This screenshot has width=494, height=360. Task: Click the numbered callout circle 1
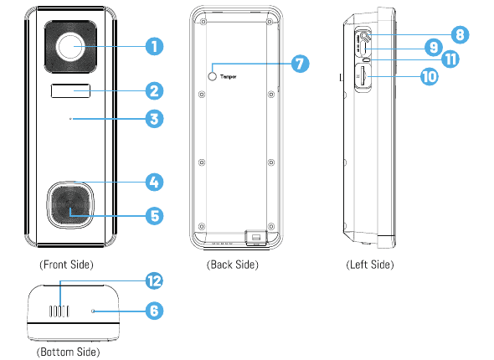(154, 47)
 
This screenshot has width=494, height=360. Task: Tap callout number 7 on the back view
(300, 64)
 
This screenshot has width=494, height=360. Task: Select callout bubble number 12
(154, 281)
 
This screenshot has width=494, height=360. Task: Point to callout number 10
(430, 76)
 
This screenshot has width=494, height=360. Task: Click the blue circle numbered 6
(154, 311)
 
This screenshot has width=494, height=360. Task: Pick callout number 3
(154, 119)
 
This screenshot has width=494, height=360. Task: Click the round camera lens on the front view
(70, 47)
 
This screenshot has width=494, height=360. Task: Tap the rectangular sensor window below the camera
(70, 91)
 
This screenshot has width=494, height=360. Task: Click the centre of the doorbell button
(70, 205)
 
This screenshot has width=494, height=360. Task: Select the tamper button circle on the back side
(213, 76)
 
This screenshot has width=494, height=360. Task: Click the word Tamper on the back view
(229, 76)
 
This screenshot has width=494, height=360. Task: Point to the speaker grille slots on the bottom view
(59, 311)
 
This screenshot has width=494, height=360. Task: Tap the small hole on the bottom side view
(93, 311)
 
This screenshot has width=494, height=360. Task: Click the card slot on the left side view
(363, 77)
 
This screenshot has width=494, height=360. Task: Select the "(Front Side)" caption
(66, 265)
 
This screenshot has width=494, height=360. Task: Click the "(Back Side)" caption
(233, 265)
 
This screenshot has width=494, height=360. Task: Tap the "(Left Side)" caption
(370, 265)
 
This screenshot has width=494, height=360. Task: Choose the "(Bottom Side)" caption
(69, 352)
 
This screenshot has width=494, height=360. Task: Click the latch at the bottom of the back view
(256, 238)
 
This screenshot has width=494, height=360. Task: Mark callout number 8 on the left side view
(460, 34)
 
